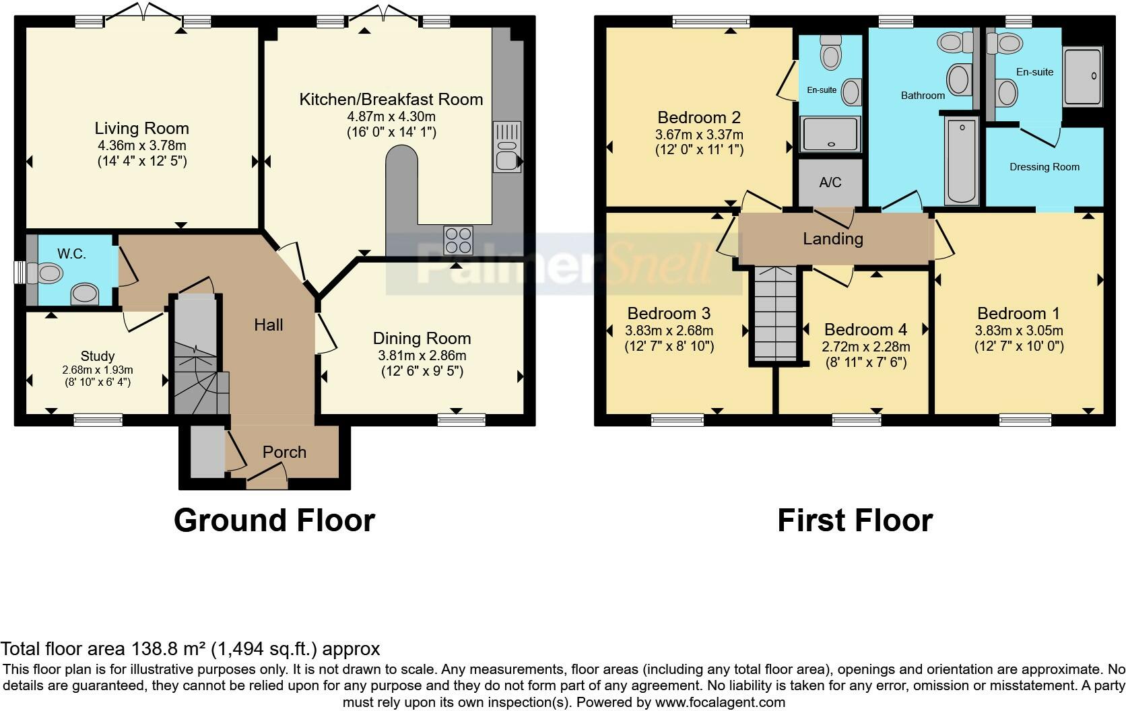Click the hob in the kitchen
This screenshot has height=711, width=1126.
click(458, 240)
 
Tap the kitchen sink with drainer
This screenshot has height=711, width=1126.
click(506, 147)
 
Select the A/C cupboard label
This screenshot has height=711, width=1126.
click(830, 182)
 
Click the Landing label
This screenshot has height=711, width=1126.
click(832, 238)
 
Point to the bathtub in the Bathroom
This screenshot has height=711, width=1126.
click(962, 160)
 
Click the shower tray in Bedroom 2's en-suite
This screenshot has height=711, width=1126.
click(830, 133)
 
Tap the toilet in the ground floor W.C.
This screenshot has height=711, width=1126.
click(50, 273)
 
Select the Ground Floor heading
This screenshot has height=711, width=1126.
click(274, 520)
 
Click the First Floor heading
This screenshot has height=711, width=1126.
click(855, 520)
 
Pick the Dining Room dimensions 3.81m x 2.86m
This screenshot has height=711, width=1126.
click(422, 355)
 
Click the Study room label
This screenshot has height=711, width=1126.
click(98, 356)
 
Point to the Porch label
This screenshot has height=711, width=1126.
click(284, 452)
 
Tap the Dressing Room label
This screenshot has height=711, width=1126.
click(1044, 167)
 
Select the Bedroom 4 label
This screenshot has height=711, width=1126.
click(865, 330)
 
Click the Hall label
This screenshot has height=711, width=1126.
click(268, 325)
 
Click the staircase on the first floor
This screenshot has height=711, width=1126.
click(775, 314)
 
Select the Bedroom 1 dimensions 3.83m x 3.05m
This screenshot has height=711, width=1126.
click(1018, 331)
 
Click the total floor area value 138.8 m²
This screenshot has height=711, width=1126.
click(167, 649)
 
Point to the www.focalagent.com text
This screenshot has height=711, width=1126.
click(720, 702)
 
